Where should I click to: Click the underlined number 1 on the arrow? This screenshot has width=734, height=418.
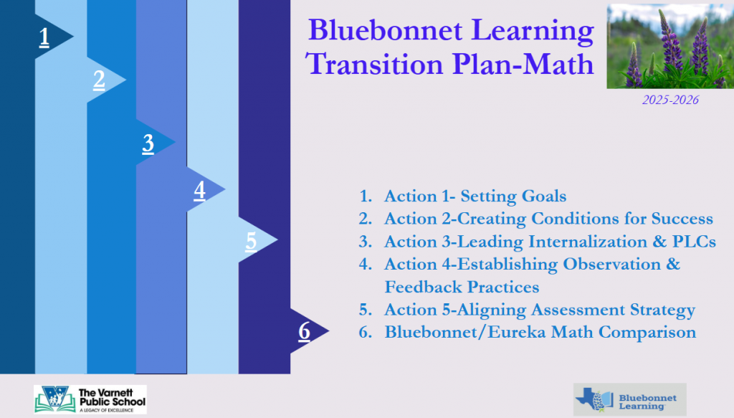click(44, 37)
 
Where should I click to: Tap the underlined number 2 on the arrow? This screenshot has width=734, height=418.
click(99, 80)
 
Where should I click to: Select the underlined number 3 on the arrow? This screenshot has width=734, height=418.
click(148, 143)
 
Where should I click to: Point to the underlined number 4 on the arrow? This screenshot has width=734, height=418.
click(200, 191)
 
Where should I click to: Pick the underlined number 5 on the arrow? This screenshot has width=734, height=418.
click(251, 242)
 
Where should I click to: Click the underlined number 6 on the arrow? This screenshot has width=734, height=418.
click(304, 331)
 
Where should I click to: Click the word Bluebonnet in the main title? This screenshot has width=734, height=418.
click(385, 30)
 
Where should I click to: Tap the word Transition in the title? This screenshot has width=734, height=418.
click(374, 64)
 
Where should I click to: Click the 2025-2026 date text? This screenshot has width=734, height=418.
click(670, 100)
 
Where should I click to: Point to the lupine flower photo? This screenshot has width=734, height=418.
click(670, 47)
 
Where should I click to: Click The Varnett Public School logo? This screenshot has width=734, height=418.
click(90, 399)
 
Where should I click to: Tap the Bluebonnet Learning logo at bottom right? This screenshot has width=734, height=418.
click(629, 400)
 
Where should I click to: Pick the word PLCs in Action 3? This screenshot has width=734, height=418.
click(694, 242)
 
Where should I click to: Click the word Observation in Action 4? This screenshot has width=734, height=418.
click(606, 264)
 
